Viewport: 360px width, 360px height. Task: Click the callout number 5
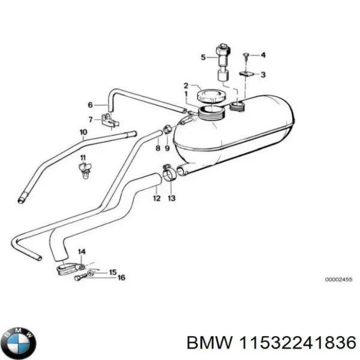203,58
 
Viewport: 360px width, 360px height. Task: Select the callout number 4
263,55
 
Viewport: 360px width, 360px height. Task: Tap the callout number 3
263,74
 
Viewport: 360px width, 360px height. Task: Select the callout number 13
172,198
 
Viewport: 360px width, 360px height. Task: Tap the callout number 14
82,251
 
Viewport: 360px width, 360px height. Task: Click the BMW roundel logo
19,343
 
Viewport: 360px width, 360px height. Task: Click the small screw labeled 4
246,55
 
